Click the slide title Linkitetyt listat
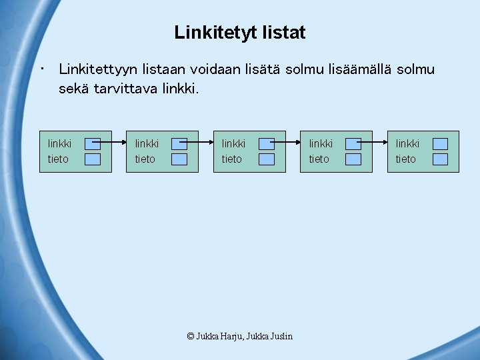(x=240, y=33)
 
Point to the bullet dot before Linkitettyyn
(x=42, y=68)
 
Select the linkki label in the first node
(x=59, y=143)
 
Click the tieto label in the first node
(x=58, y=159)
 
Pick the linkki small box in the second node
(x=179, y=143)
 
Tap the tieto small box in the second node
(x=179, y=159)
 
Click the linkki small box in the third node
(x=266, y=143)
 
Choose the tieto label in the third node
(x=231, y=159)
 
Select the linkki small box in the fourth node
(x=353, y=143)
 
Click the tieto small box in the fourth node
(x=353, y=159)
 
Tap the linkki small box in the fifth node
(x=440, y=143)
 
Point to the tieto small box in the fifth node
(x=440, y=159)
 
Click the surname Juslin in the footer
(x=281, y=337)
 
